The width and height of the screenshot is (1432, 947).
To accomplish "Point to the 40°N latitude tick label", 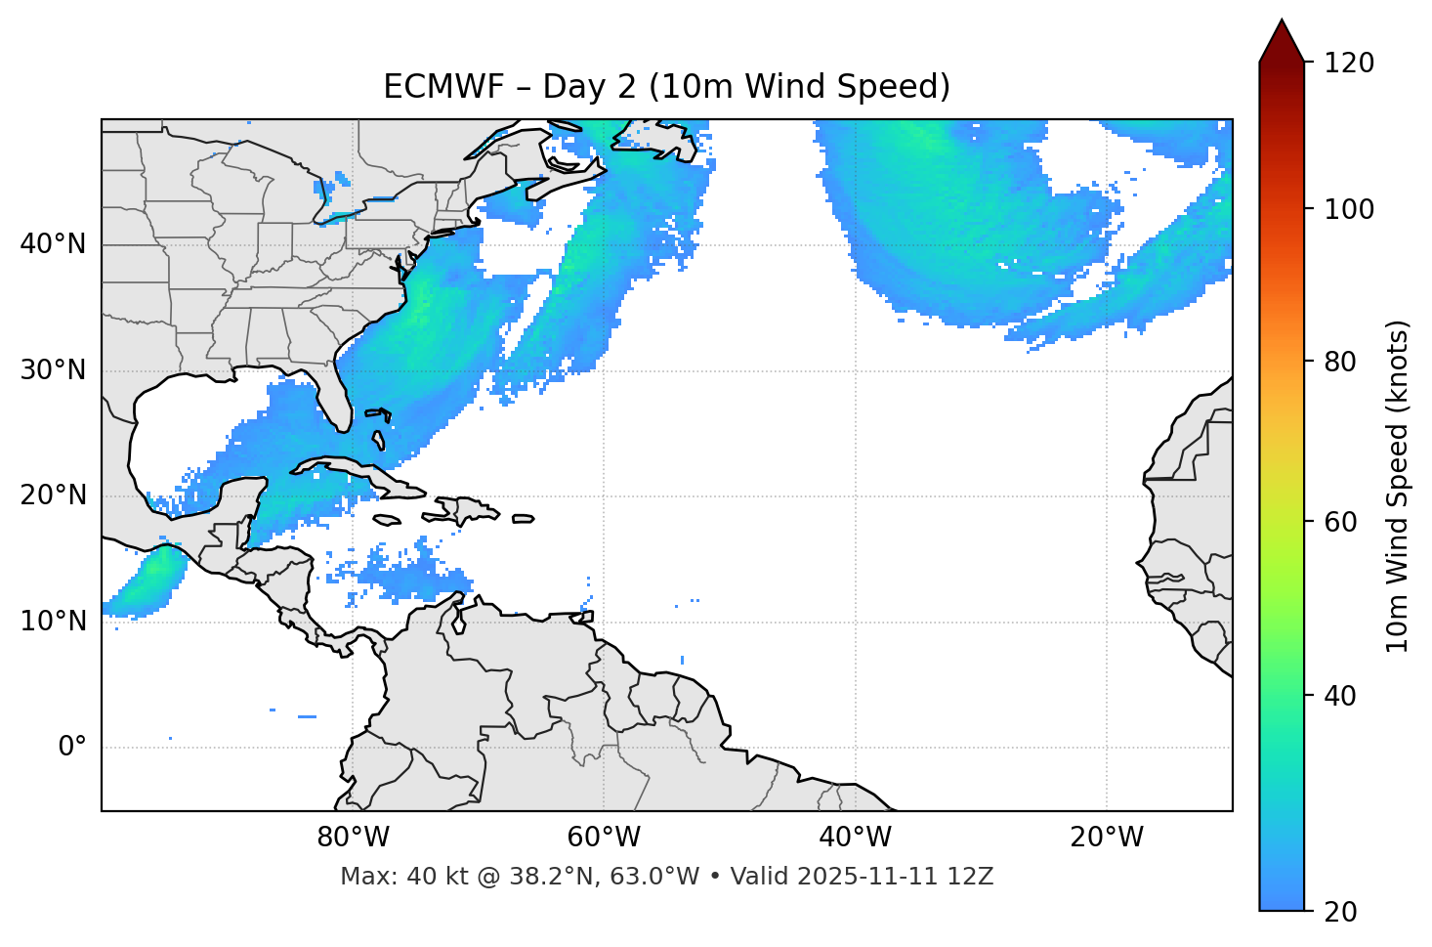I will (53, 243).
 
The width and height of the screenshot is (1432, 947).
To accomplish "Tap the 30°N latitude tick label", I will (53, 370).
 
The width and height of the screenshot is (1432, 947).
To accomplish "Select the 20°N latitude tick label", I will (53, 495).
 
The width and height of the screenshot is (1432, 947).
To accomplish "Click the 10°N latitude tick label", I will (53, 622).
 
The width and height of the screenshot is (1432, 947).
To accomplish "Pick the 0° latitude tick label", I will (72, 747).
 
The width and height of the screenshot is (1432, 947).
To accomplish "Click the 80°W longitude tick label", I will (353, 838).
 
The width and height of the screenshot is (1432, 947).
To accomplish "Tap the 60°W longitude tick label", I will (604, 838).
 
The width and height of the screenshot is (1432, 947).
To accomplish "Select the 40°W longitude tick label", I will (855, 838).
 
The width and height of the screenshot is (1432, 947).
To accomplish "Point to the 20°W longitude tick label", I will (1106, 838).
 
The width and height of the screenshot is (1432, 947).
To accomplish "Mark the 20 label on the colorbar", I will (1340, 912).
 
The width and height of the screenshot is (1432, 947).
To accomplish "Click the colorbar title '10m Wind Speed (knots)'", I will (1398, 486).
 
